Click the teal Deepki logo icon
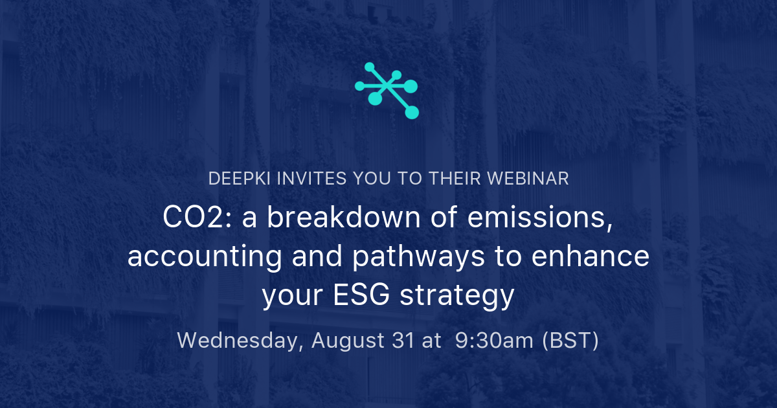pyautogui.click(x=387, y=91)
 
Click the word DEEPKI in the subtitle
pyautogui.click(x=239, y=179)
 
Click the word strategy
pyautogui.click(x=457, y=297)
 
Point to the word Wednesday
pyautogui.click(x=240, y=341)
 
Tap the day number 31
pyautogui.click(x=402, y=340)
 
